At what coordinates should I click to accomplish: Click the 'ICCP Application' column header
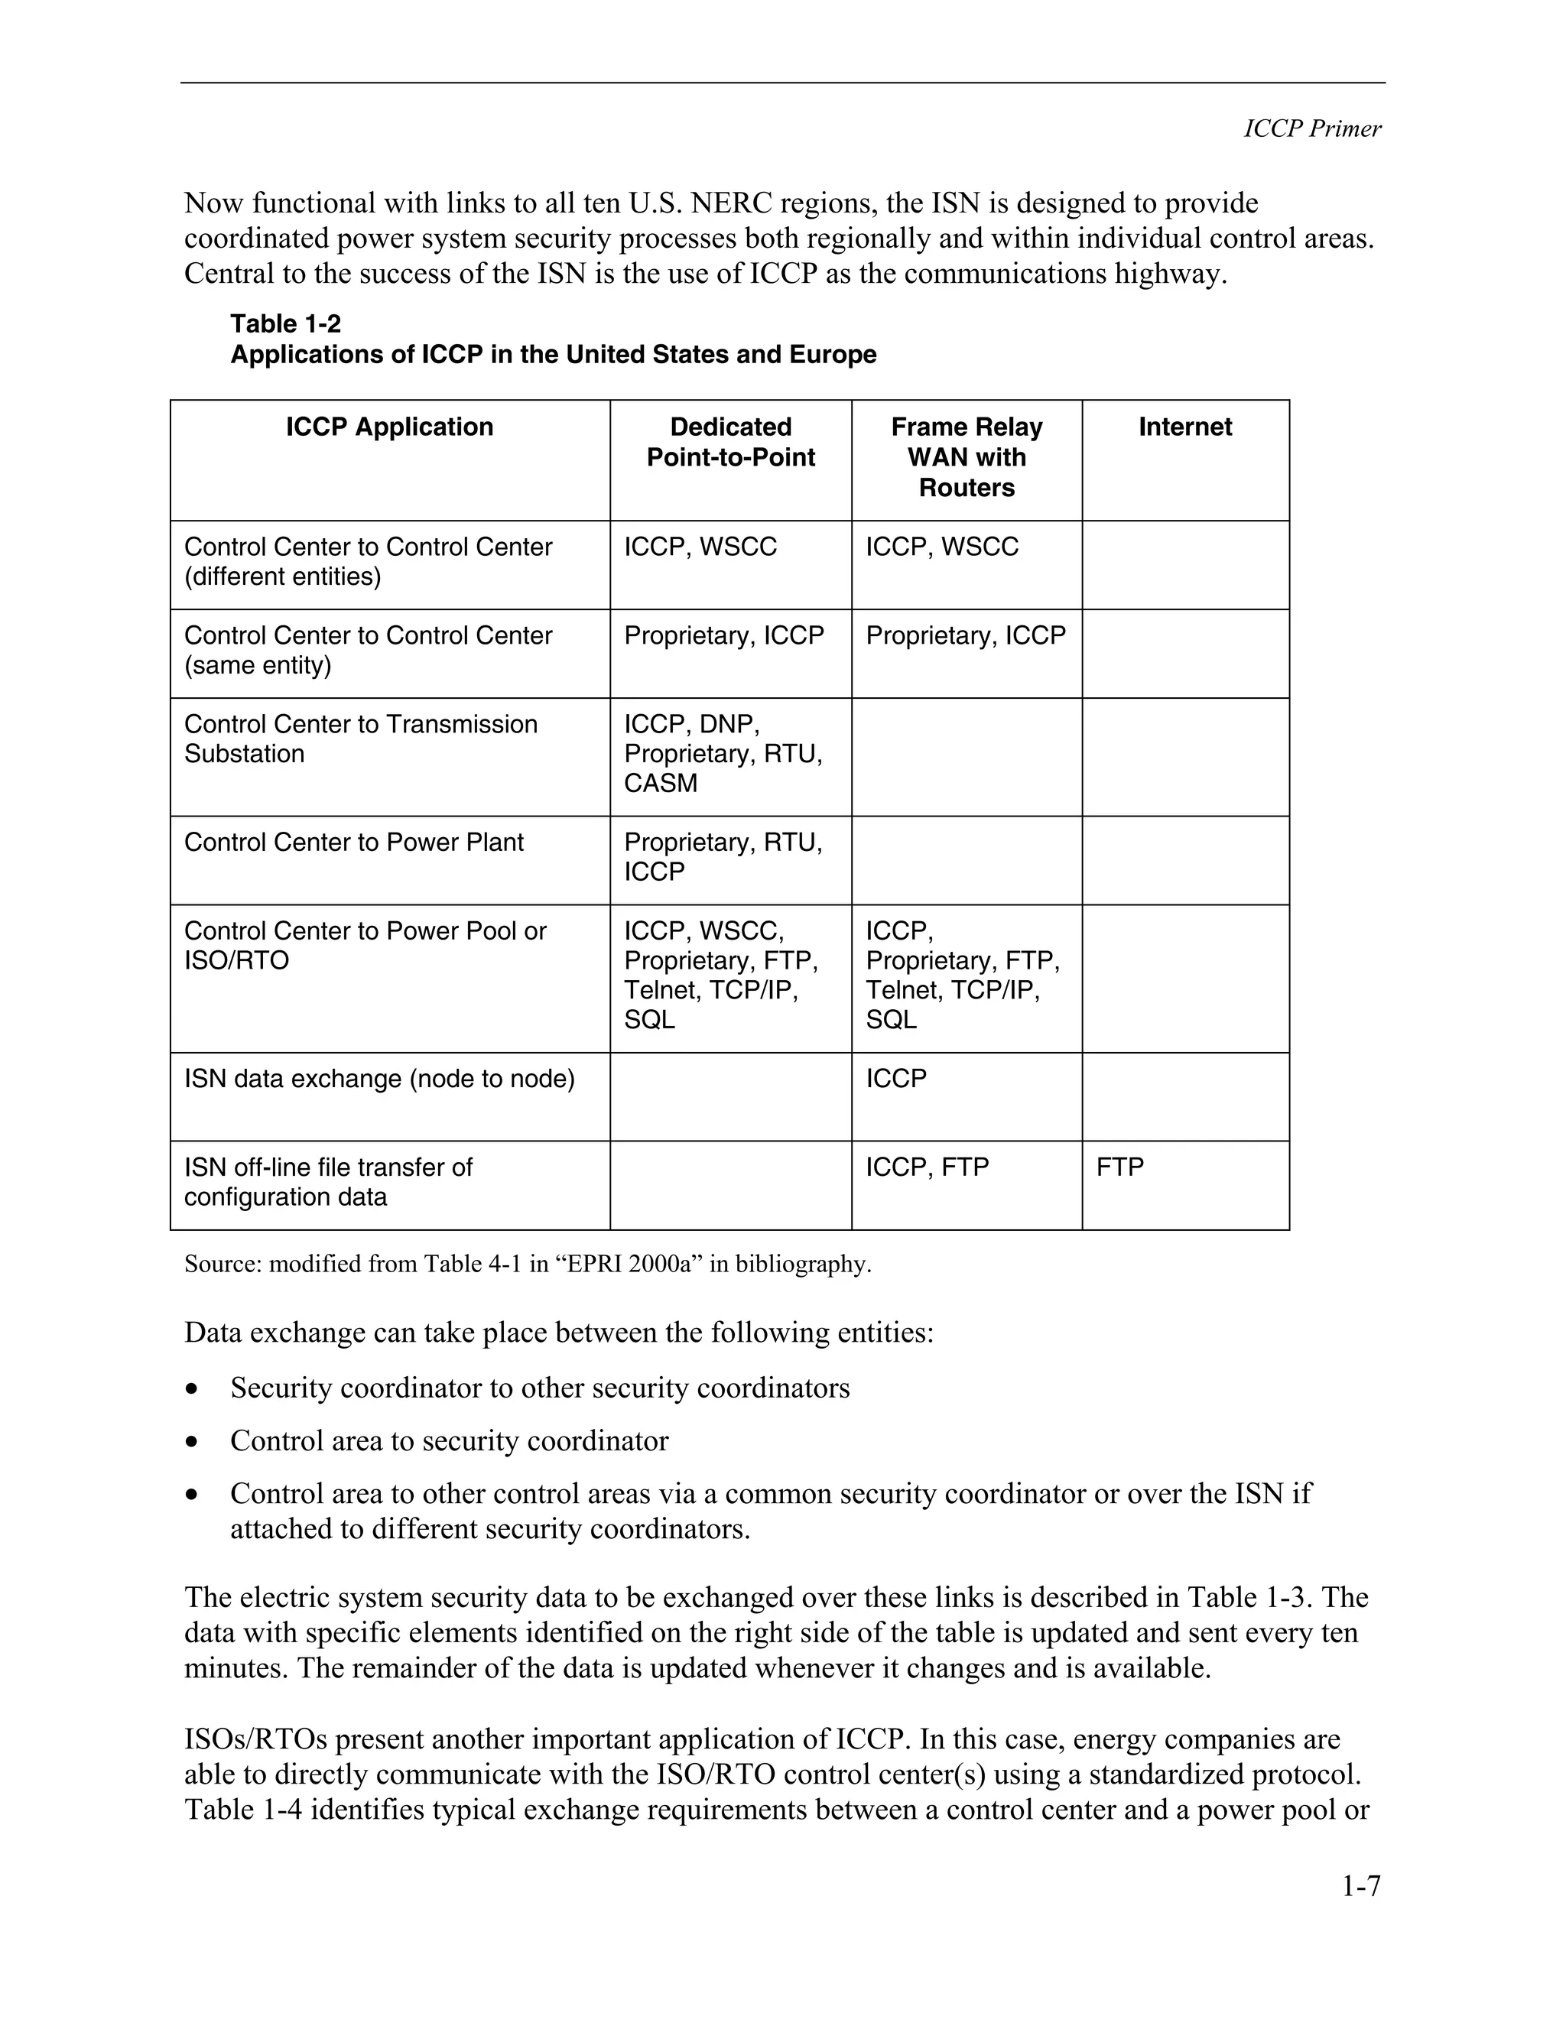click(x=388, y=427)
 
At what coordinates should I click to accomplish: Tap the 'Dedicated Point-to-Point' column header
click(x=730, y=443)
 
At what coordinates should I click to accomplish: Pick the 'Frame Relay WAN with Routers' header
click(x=966, y=457)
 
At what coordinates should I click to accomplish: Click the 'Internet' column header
click(x=1184, y=427)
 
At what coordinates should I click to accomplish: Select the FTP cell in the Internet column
click(x=1119, y=1167)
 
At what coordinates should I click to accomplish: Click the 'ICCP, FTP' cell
click(x=927, y=1167)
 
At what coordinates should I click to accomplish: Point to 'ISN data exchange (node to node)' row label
click(x=379, y=1079)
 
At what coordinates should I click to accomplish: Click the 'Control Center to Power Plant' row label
click(x=353, y=843)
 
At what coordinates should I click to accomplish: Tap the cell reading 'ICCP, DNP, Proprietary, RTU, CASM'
click(x=723, y=753)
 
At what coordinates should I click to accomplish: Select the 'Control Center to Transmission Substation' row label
click(x=360, y=739)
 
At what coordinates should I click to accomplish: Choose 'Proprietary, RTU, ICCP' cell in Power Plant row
click(x=723, y=857)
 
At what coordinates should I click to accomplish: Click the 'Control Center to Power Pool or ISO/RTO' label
click(x=365, y=945)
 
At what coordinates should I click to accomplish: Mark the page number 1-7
click(x=1360, y=1886)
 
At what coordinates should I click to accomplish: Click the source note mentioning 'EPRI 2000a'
click(x=527, y=1265)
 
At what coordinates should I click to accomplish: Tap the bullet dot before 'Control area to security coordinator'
click(x=191, y=1443)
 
